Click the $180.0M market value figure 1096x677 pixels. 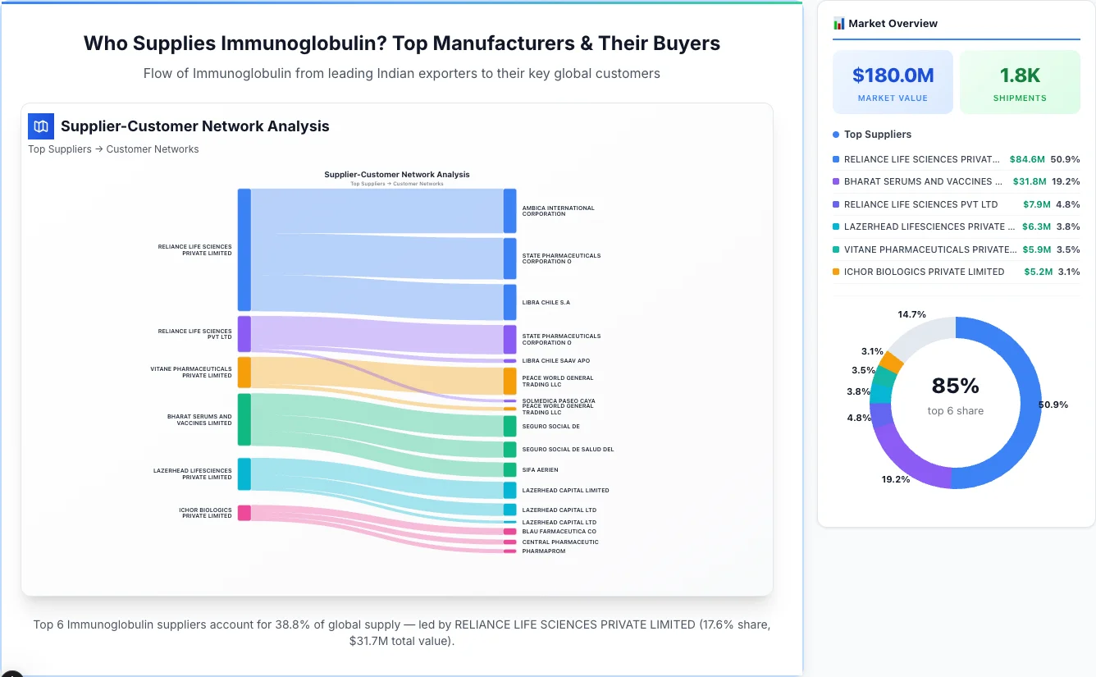coord(893,75)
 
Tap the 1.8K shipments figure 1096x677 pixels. coord(1020,75)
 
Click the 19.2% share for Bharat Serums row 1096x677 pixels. coord(1066,181)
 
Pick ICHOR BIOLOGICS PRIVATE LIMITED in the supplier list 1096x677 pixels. coord(924,272)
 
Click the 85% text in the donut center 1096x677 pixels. coord(956,386)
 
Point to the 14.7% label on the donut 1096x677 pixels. coord(911,314)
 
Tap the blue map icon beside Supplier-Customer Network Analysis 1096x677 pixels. coord(41,126)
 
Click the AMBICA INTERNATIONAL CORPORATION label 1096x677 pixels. coord(558,211)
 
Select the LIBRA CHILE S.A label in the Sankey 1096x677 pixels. coord(546,303)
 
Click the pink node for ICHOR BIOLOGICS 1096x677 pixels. coord(244,513)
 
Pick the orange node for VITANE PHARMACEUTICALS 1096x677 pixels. coord(244,373)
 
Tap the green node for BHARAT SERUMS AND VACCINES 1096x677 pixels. coord(244,419)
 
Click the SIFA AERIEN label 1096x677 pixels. coord(540,470)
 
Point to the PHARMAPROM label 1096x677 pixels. coord(543,551)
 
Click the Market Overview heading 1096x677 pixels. coord(893,24)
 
